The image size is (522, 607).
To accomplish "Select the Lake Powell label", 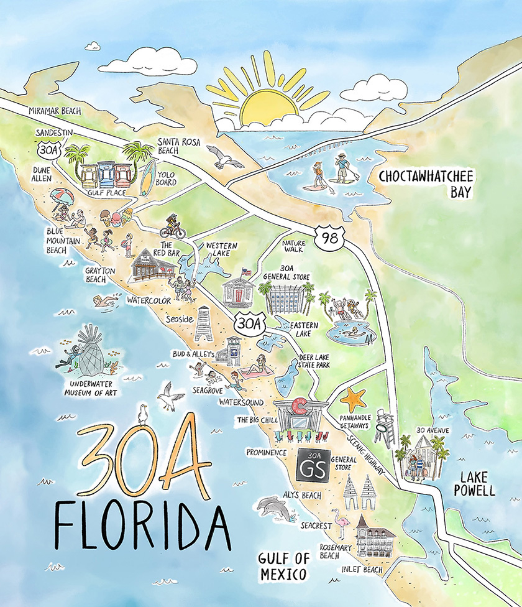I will click(477, 483).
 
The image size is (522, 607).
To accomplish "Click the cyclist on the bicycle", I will click(173, 227).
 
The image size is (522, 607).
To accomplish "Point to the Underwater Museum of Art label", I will click(88, 389).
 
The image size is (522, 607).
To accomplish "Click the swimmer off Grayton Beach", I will click(105, 302).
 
